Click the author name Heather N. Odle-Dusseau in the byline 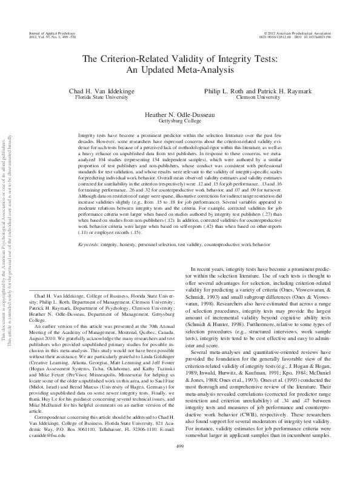(x=179, y=114)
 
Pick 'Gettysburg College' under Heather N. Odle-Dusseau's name (x=179, y=121)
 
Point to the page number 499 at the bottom (x=179, y=464)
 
